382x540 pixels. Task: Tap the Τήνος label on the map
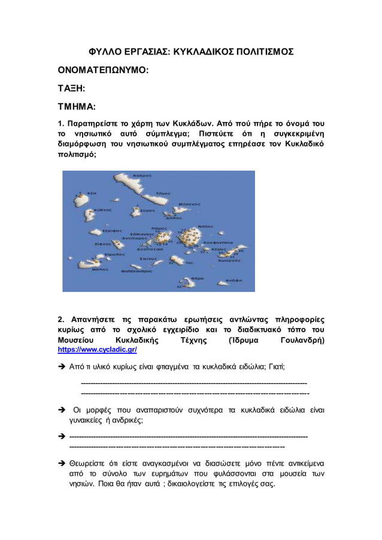[x=164, y=193]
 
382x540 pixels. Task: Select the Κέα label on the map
[x=93, y=194]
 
